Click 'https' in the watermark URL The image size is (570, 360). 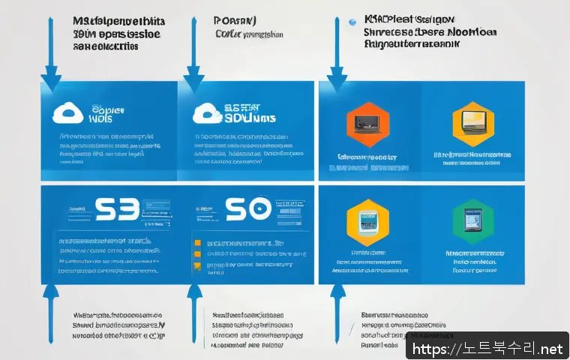(430, 349)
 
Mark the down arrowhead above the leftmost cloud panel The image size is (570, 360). (51, 78)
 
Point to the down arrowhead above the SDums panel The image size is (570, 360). (194, 78)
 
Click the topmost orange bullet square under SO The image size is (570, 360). (197, 244)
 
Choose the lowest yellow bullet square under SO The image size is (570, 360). (197, 265)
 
